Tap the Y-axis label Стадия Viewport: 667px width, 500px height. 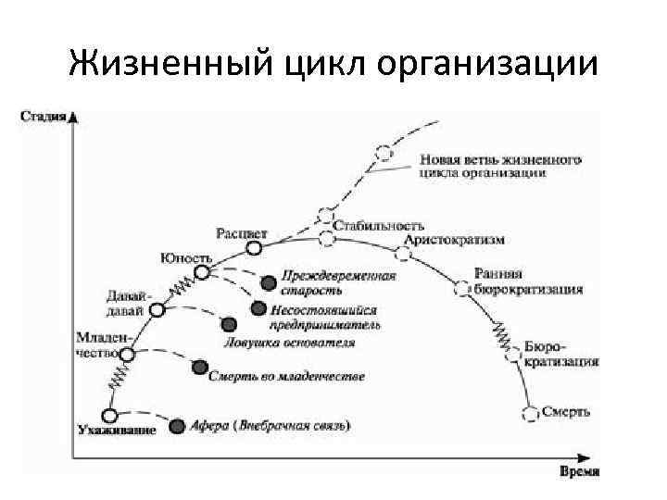[x=43, y=117]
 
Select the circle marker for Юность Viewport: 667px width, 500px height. [x=201, y=274]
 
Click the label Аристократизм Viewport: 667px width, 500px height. [x=455, y=241]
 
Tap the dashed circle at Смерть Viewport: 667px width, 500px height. [x=531, y=413]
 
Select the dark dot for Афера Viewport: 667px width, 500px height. [x=178, y=426]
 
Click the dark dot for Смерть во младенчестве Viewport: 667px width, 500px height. [x=198, y=369]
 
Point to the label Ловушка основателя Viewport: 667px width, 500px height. [x=289, y=343]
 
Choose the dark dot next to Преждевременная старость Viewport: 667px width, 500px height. [x=269, y=281]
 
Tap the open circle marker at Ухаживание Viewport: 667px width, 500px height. [x=110, y=415]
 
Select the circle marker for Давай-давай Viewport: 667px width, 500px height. [x=157, y=311]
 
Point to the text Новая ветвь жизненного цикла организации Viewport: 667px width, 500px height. [x=499, y=166]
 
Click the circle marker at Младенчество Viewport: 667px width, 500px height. [x=128, y=354]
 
